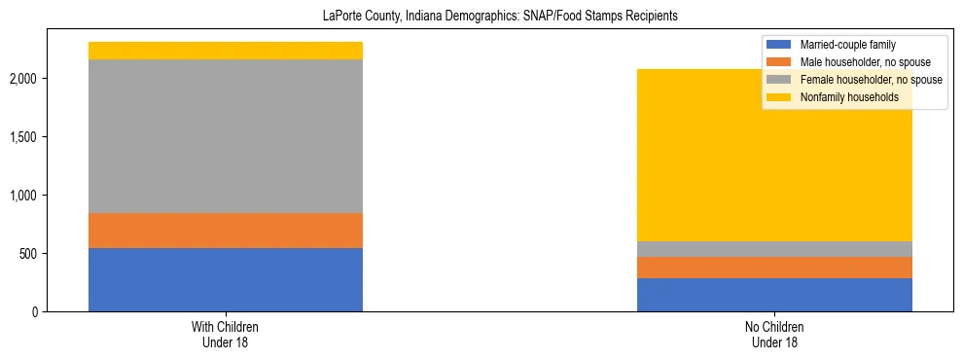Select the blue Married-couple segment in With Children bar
tap(226, 279)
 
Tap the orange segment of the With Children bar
tap(226, 231)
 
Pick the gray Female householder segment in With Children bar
tap(226, 136)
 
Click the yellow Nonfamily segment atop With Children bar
tap(226, 51)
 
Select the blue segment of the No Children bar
tap(774, 295)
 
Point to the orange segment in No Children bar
tap(774, 268)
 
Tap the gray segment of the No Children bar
tap(774, 249)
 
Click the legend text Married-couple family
tap(847, 45)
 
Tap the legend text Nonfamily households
tap(843, 97)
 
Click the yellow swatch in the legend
tap(778, 97)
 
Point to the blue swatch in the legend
tap(778, 45)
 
